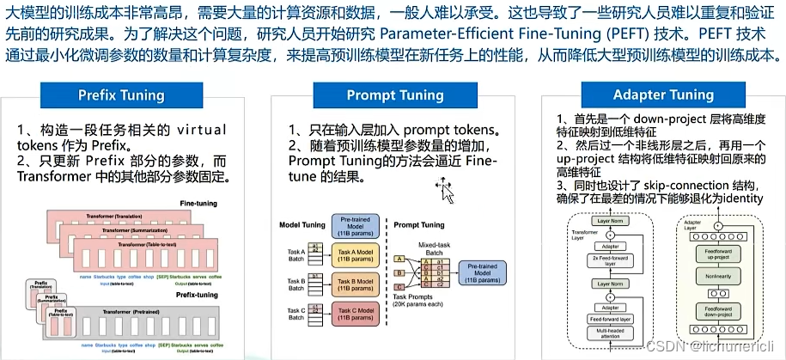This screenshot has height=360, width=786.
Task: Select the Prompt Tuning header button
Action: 394,94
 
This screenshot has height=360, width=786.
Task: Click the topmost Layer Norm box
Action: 611,219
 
